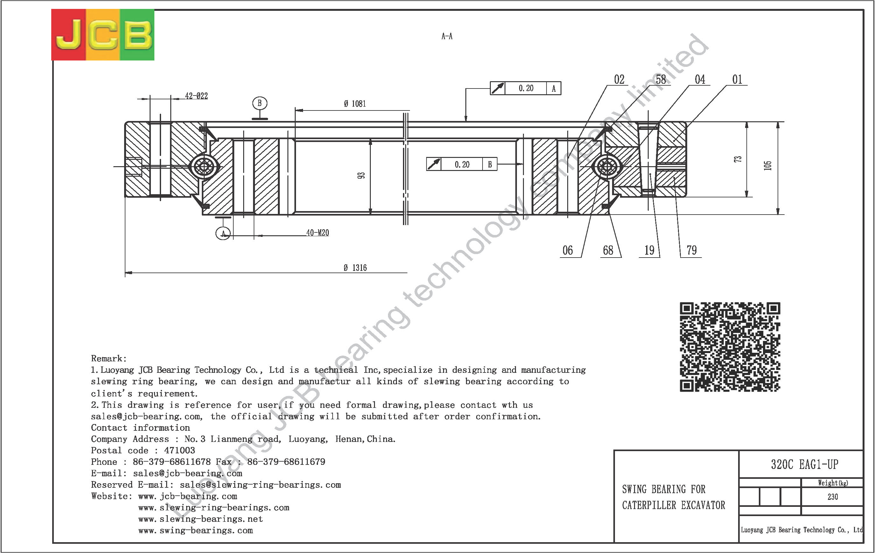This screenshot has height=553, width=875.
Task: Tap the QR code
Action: [x=730, y=347]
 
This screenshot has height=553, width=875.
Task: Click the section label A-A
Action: [x=447, y=36]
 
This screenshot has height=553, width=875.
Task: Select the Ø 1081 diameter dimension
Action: [x=355, y=104]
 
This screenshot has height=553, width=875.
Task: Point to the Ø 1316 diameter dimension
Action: [x=355, y=268]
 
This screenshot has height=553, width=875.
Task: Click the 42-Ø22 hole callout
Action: [x=196, y=96]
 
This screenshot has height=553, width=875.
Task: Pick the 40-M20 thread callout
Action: [x=318, y=232]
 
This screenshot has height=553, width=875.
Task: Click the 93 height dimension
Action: [x=361, y=175]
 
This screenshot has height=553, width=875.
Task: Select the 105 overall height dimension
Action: [x=767, y=166]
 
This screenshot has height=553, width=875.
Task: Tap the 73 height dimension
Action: [x=737, y=159]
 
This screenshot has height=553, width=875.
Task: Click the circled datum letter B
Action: [x=259, y=103]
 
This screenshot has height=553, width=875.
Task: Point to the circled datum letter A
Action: [x=223, y=233]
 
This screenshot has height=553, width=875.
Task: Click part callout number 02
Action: [x=619, y=80]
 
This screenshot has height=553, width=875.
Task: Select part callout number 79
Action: [x=691, y=250]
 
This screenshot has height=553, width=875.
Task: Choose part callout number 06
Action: [x=568, y=250]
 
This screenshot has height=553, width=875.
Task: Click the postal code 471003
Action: [x=180, y=450]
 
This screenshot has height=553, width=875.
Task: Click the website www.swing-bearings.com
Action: [x=195, y=530]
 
